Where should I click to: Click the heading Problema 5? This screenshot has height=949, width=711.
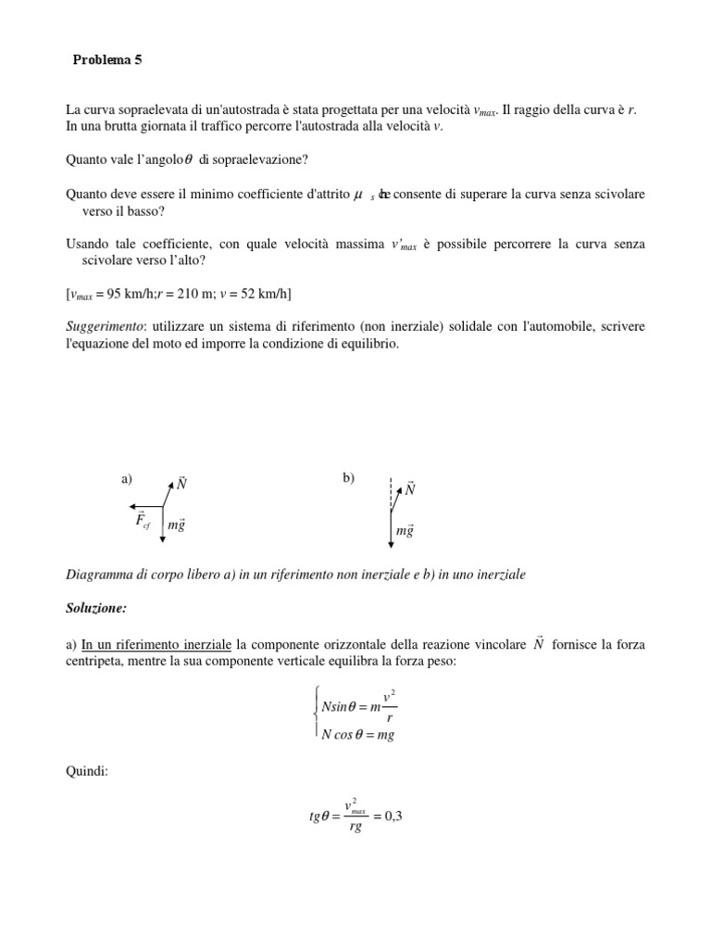[x=108, y=61]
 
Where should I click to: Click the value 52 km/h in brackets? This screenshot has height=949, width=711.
[x=261, y=295]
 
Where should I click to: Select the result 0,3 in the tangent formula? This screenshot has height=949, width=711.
[x=392, y=816]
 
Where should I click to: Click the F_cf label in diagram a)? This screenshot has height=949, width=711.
[x=142, y=519]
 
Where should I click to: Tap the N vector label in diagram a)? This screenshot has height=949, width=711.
[x=182, y=483]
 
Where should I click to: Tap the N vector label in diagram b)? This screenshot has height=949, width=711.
[x=410, y=488]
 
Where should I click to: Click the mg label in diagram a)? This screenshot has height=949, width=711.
[x=177, y=526]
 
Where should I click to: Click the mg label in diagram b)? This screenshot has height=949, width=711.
[x=405, y=531]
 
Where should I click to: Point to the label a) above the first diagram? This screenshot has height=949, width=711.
[x=127, y=479]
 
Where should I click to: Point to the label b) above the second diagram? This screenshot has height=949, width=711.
[x=348, y=477]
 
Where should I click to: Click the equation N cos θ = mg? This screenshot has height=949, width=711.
[x=357, y=735]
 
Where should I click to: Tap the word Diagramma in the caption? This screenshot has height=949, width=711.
[x=99, y=575]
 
